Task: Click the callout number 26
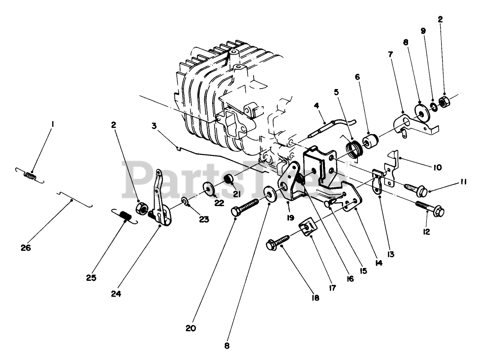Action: [x=26, y=248]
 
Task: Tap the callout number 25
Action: [x=91, y=278]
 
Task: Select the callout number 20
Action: [x=191, y=328]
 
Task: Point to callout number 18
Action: [x=314, y=298]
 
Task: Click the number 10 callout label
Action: [x=437, y=167]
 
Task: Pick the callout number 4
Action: [x=317, y=105]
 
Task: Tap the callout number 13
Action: [x=390, y=254]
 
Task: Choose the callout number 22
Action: [x=219, y=203]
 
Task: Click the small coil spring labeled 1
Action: [x=31, y=174]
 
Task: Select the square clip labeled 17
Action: [x=307, y=227]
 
